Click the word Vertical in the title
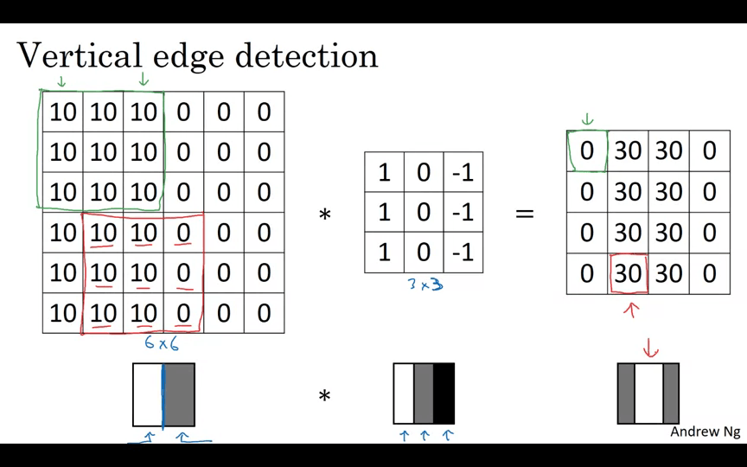click(80, 55)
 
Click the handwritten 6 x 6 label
click(162, 343)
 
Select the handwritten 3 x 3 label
click(425, 285)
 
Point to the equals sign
click(525, 213)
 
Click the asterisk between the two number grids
click(324, 214)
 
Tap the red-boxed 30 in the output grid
click(628, 273)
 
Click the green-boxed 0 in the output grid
click(587, 151)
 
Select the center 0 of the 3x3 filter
click(424, 212)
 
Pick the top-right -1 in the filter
click(463, 172)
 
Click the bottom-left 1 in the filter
click(385, 253)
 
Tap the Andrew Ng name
click(705, 432)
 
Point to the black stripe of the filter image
click(444, 393)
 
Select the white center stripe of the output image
click(648, 393)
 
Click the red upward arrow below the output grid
click(632, 310)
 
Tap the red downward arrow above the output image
click(650, 348)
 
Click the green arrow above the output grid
click(587, 118)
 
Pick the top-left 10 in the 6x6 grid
click(62, 112)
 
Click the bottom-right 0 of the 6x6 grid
click(264, 313)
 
